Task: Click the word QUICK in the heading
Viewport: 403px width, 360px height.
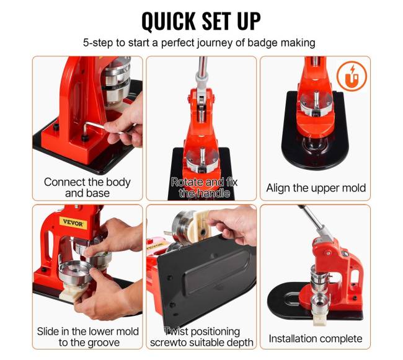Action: coord(169,21)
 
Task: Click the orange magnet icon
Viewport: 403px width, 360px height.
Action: coord(352,76)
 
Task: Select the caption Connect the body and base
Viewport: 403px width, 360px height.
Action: coord(87,188)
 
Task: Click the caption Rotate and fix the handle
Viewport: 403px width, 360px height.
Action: coord(205,188)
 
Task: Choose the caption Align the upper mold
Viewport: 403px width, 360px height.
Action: coord(316,188)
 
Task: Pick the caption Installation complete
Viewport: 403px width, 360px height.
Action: coord(316,339)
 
